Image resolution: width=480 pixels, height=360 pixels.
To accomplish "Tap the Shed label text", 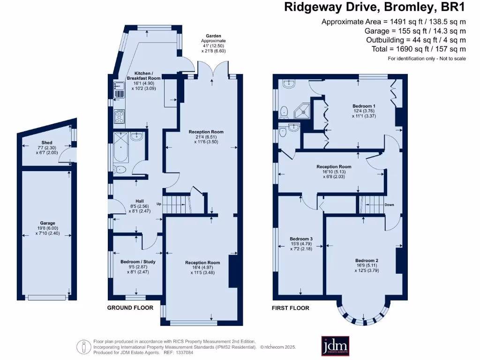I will (47, 142).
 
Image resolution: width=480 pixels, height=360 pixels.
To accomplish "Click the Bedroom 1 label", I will (364, 106).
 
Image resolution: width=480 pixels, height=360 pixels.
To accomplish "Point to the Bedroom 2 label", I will (367, 261).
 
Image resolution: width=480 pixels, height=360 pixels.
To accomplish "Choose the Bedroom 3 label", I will (301, 239).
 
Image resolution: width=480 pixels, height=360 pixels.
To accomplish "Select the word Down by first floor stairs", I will (389, 205).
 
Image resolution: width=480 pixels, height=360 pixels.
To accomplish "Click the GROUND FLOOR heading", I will (130, 308).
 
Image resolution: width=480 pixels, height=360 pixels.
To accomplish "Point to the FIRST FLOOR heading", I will (291, 308).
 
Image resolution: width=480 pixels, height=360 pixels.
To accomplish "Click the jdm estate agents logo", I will (335, 347).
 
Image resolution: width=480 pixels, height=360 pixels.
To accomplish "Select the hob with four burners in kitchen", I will (119, 116).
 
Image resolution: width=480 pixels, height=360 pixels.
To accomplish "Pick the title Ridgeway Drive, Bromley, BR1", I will (375, 7).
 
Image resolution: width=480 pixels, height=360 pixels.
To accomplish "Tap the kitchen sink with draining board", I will (119, 89).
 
